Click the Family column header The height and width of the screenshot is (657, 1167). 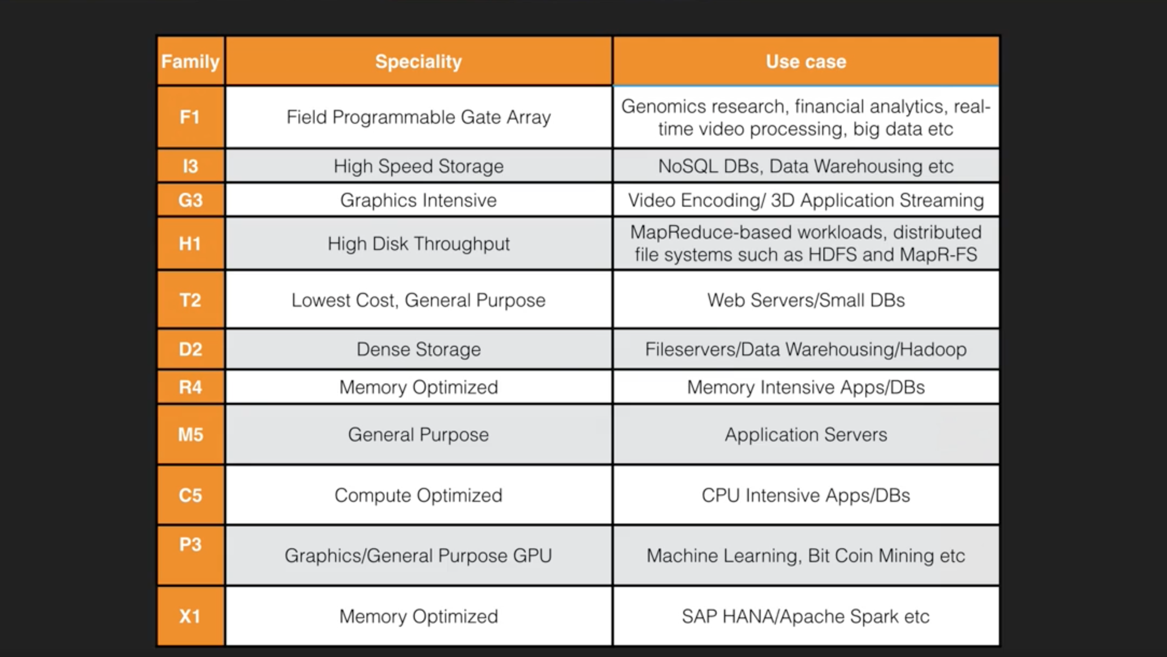click(190, 61)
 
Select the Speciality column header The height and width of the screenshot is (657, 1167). click(419, 61)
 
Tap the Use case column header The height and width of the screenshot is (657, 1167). click(806, 61)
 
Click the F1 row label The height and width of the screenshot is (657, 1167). click(190, 117)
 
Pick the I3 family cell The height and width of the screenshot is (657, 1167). click(190, 166)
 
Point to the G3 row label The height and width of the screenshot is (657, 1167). click(190, 200)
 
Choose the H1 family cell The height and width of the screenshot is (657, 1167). click(190, 243)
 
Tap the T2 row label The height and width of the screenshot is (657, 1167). click(190, 299)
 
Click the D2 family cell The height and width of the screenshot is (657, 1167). click(190, 349)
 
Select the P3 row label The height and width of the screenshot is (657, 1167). click(190, 555)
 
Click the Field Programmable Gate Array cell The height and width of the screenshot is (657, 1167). click(419, 117)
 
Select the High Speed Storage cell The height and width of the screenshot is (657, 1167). click(419, 166)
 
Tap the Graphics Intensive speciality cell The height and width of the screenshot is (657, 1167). click(419, 200)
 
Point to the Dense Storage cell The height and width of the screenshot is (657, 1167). click(419, 349)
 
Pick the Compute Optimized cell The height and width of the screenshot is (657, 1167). click(419, 495)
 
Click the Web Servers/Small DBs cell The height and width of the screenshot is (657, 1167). click(806, 299)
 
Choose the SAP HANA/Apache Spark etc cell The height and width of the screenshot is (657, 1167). click(806, 616)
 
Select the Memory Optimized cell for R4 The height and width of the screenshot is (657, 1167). click(419, 387)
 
